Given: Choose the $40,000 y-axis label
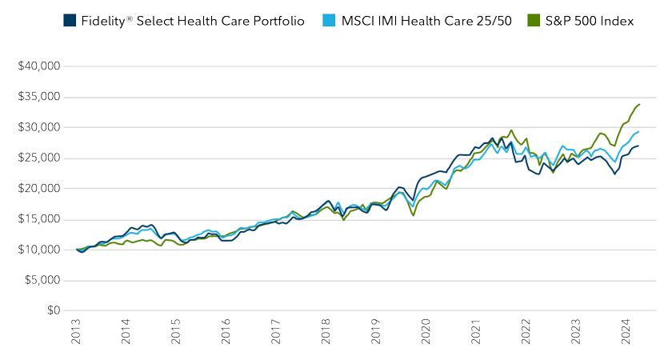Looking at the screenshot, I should click(38, 66).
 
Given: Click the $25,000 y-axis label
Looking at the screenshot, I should click(38, 158).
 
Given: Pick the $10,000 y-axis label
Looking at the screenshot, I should click(38, 250).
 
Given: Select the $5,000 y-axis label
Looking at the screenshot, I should click(42, 280).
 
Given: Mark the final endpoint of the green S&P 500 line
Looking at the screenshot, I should click(638, 104).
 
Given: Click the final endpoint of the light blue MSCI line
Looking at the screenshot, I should click(638, 131).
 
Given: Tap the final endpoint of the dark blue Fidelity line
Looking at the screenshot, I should click(638, 146).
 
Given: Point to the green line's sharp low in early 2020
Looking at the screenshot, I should click(414, 215).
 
